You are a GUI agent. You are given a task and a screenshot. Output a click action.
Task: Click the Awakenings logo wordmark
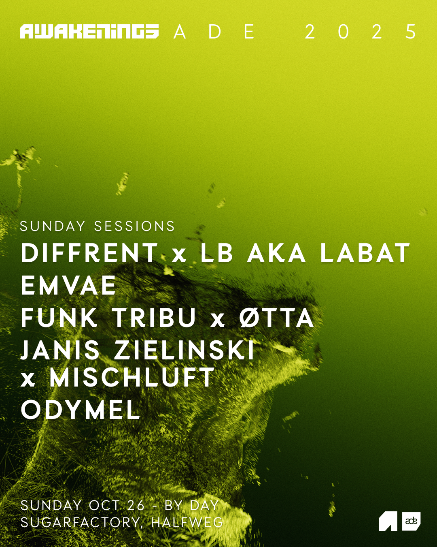pyautogui.click(x=89, y=32)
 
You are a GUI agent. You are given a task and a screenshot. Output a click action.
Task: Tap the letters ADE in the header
pyautogui.click(x=214, y=32)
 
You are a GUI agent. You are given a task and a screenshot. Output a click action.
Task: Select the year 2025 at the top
pyautogui.click(x=361, y=32)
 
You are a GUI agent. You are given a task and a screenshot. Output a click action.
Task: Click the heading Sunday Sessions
pyautogui.click(x=98, y=226)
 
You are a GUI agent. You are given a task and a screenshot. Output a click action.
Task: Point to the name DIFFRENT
pyautogui.click(x=89, y=253)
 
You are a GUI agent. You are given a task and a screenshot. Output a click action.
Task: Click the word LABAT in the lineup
pyautogui.click(x=365, y=253)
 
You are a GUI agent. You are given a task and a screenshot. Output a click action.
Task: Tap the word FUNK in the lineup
pyautogui.click(x=59, y=318)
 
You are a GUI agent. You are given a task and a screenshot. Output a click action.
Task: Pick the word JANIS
pyautogui.click(x=60, y=350)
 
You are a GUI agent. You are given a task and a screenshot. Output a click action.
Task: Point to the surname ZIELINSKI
pyautogui.click(x=185, y=350)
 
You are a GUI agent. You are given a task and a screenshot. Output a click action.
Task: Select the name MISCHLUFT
pyautogui.click(x=132, y=378)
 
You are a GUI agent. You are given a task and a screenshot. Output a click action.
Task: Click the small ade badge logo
pyautogui.click(x=412, y=521)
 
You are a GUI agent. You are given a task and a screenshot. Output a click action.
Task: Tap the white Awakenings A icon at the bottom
pyautogui.click(x=388, y=521)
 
